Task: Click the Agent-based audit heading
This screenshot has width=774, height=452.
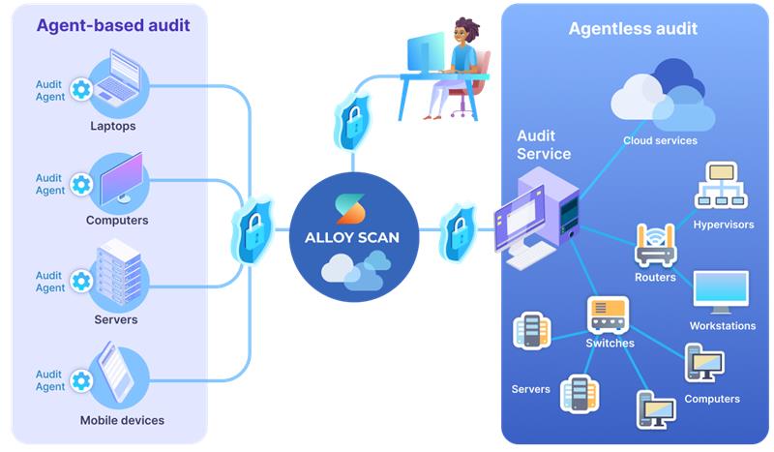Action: click(x=113, y=26)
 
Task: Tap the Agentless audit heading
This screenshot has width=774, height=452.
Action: click(x=633, y=28)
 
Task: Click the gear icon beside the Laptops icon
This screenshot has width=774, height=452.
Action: click(x=82, y=90)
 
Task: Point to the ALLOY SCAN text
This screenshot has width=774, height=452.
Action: click(x=352, y=237)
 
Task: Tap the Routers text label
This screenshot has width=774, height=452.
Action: click(x=655, y=278)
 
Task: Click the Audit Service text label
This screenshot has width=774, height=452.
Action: click(x=544, y=145)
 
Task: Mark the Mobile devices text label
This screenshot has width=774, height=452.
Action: click(x=122, y=420)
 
